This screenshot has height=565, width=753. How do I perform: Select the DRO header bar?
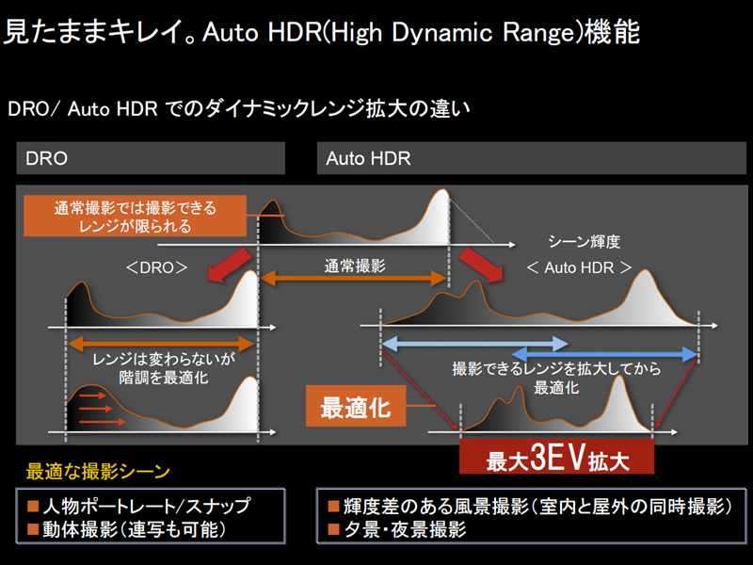point(151,158)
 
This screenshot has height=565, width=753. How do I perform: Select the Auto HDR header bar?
point(533,158)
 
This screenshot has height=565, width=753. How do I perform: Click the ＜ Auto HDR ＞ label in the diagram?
point(579,267)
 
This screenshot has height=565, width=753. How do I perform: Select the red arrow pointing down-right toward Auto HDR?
point(478,265)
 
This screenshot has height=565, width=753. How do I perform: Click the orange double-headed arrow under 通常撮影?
point(353,278)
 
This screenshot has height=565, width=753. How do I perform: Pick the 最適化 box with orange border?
point(356,409)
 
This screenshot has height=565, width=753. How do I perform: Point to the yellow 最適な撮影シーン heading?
point(98,471)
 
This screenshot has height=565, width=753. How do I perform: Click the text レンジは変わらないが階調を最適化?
point(151,368)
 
